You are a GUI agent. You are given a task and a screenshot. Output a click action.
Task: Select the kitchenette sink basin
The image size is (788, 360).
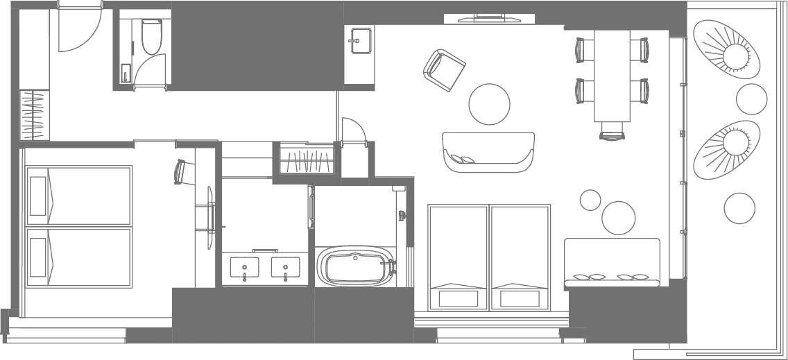pyautogui.click(x=359, y=40)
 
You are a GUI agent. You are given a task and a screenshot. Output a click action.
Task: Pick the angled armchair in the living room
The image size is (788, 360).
pyautogui.click(x=445, y=70)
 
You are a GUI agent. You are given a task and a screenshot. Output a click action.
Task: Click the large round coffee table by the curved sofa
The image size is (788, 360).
pyautogui.click(x=490, y=104)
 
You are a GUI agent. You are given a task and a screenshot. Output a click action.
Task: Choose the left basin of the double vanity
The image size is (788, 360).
pyautogui.click(x=244, y=267)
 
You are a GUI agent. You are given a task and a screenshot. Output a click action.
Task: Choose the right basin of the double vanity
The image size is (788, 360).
pyautogui.click(x=285, y=267)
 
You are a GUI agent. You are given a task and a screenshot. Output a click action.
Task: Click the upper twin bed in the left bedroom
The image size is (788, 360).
pyautogui.click(x=78, y=196)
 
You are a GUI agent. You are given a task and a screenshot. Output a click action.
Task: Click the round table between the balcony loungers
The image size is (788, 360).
pyautogui.click(x=751, y=100)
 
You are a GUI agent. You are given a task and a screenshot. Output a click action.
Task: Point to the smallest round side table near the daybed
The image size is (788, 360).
pyautogui.click(x=590, y=200)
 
